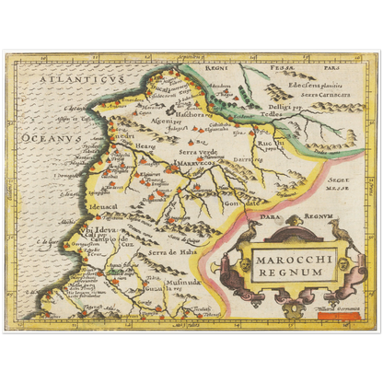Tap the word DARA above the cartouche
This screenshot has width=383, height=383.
[265, 217]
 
